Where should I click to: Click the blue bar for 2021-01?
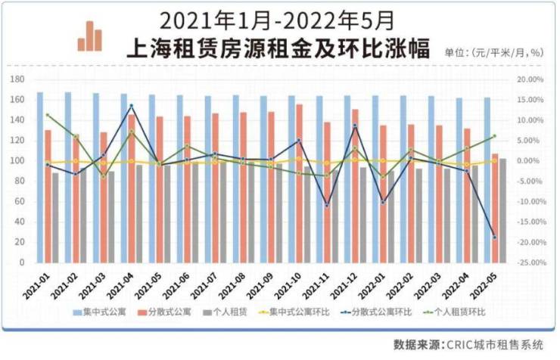(x=39, y=177)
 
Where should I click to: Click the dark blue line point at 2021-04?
(x=131, y=106)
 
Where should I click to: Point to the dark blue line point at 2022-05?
(x=495, y=237)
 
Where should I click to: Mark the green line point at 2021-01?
(x=47, y=115)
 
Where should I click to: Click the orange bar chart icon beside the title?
(x=89, y=36)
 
